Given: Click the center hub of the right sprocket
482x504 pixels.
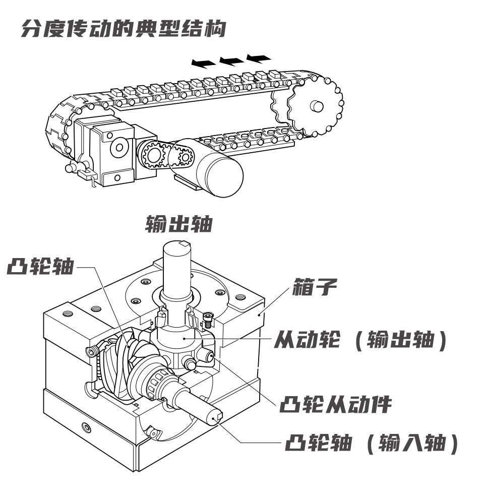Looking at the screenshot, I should point(316,106).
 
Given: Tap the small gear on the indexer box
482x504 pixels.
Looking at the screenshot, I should point(152,154).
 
